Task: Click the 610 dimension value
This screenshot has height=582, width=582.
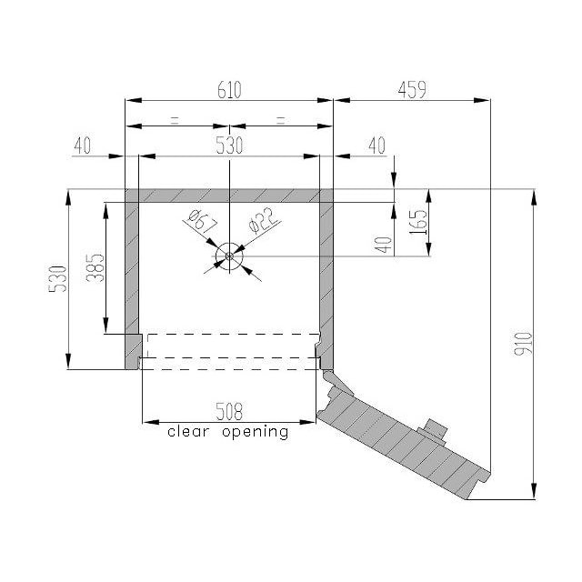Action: [229, 90]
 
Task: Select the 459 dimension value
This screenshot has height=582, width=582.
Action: [412, 90]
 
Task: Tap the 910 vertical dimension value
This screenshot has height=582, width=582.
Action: [524, 344]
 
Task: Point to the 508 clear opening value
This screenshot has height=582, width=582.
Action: [229, 411]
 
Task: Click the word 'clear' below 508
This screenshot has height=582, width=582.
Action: [188, 432]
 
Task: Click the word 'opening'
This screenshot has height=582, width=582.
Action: [256, 433]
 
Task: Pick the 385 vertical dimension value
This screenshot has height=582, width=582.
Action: [95, 268]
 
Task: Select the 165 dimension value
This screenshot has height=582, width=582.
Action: [418, 222]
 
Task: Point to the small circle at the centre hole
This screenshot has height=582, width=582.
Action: [229, 256]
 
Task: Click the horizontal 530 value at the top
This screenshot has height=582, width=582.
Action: [229, 145]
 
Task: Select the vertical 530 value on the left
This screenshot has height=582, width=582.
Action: [58, 279]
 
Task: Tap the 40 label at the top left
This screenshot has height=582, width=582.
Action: [83, 145]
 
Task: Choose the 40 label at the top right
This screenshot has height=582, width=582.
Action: [377, 145]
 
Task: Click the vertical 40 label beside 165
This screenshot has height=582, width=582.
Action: [384, 245]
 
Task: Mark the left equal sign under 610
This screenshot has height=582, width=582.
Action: [175, 120]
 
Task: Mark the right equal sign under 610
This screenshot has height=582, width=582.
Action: [281, 120]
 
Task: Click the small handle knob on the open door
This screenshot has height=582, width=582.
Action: [434, 430]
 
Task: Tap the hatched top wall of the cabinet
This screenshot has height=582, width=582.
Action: [229, 196]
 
